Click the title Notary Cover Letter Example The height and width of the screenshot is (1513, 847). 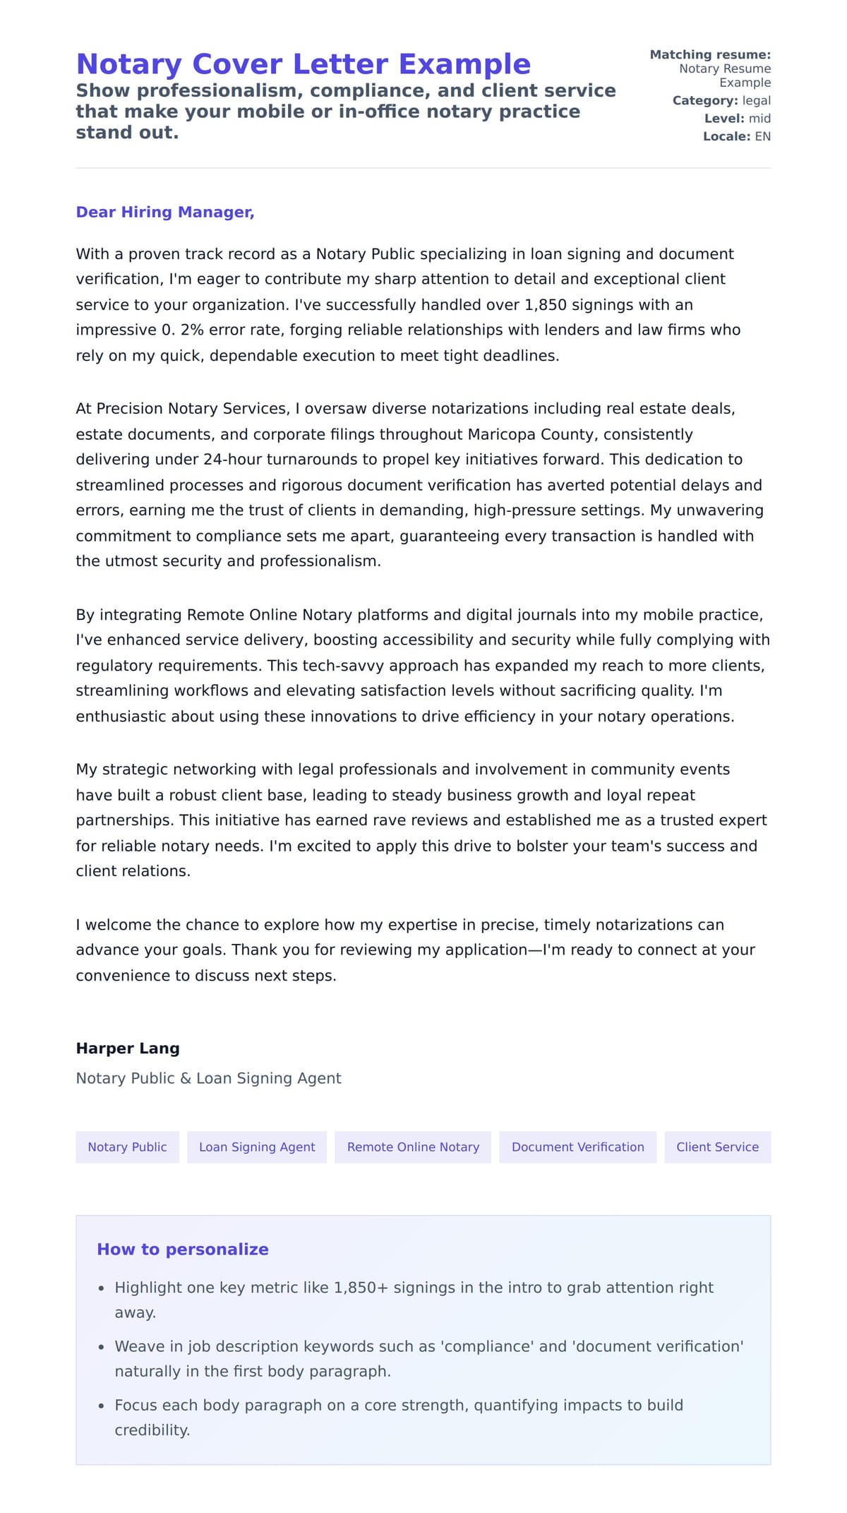click(x=303, y=64)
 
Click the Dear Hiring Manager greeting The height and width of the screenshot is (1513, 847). click(x=165, y=212)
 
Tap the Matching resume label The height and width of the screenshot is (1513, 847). click(x=710, y=54)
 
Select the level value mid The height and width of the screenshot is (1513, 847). click(x=759, y=119)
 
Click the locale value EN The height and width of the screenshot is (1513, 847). click(x=762, y=136)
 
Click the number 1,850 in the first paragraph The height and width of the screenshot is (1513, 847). click(x=545, y=305)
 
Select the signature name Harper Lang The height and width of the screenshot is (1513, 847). click(x=128, y=1048)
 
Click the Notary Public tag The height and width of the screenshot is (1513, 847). click(x=127, y=1147)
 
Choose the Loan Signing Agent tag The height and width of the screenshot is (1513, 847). click(x=257, y=1147)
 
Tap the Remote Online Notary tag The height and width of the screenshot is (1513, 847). click(x=413, y=1147)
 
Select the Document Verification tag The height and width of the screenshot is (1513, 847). click(x=577, y=1147)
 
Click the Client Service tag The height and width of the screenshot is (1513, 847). click(x=717, y=1147)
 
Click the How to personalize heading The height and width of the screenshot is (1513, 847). click(x=183, y=1249)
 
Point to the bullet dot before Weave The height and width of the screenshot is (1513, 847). click(x=101, y=1348)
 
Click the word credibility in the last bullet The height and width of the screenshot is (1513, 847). click(x=152, y=1430)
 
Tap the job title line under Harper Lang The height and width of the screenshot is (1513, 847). click(x=208, y=1078)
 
